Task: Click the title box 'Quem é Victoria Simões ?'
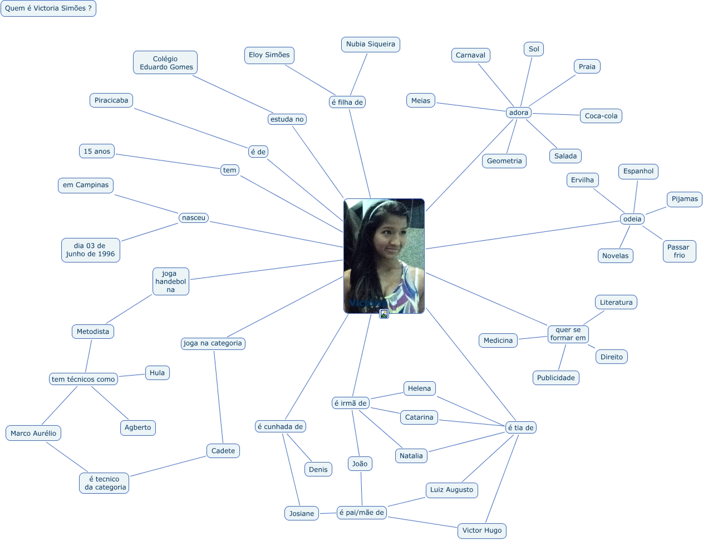point(48,8)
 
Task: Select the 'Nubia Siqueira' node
point(370,45)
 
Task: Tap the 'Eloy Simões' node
point(269,55)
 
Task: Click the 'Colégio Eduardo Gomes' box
point(165,63)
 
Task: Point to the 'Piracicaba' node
point(111,100)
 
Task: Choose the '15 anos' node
point(97,152)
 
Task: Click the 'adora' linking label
point(518,113)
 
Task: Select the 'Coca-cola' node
point(601,116)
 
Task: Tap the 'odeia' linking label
point(632,219)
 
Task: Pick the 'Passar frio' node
point(679,251)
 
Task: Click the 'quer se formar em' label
point(568,334)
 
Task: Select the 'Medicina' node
point(498,340)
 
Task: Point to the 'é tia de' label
point(520,427)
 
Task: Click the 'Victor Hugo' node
point(482,531)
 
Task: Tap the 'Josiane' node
point(302,513)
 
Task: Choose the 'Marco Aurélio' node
point(33,434)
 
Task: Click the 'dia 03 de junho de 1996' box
point(90,250)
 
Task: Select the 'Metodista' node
point(93,332)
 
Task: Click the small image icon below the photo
point(384,314)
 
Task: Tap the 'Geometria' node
point(504,161)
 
